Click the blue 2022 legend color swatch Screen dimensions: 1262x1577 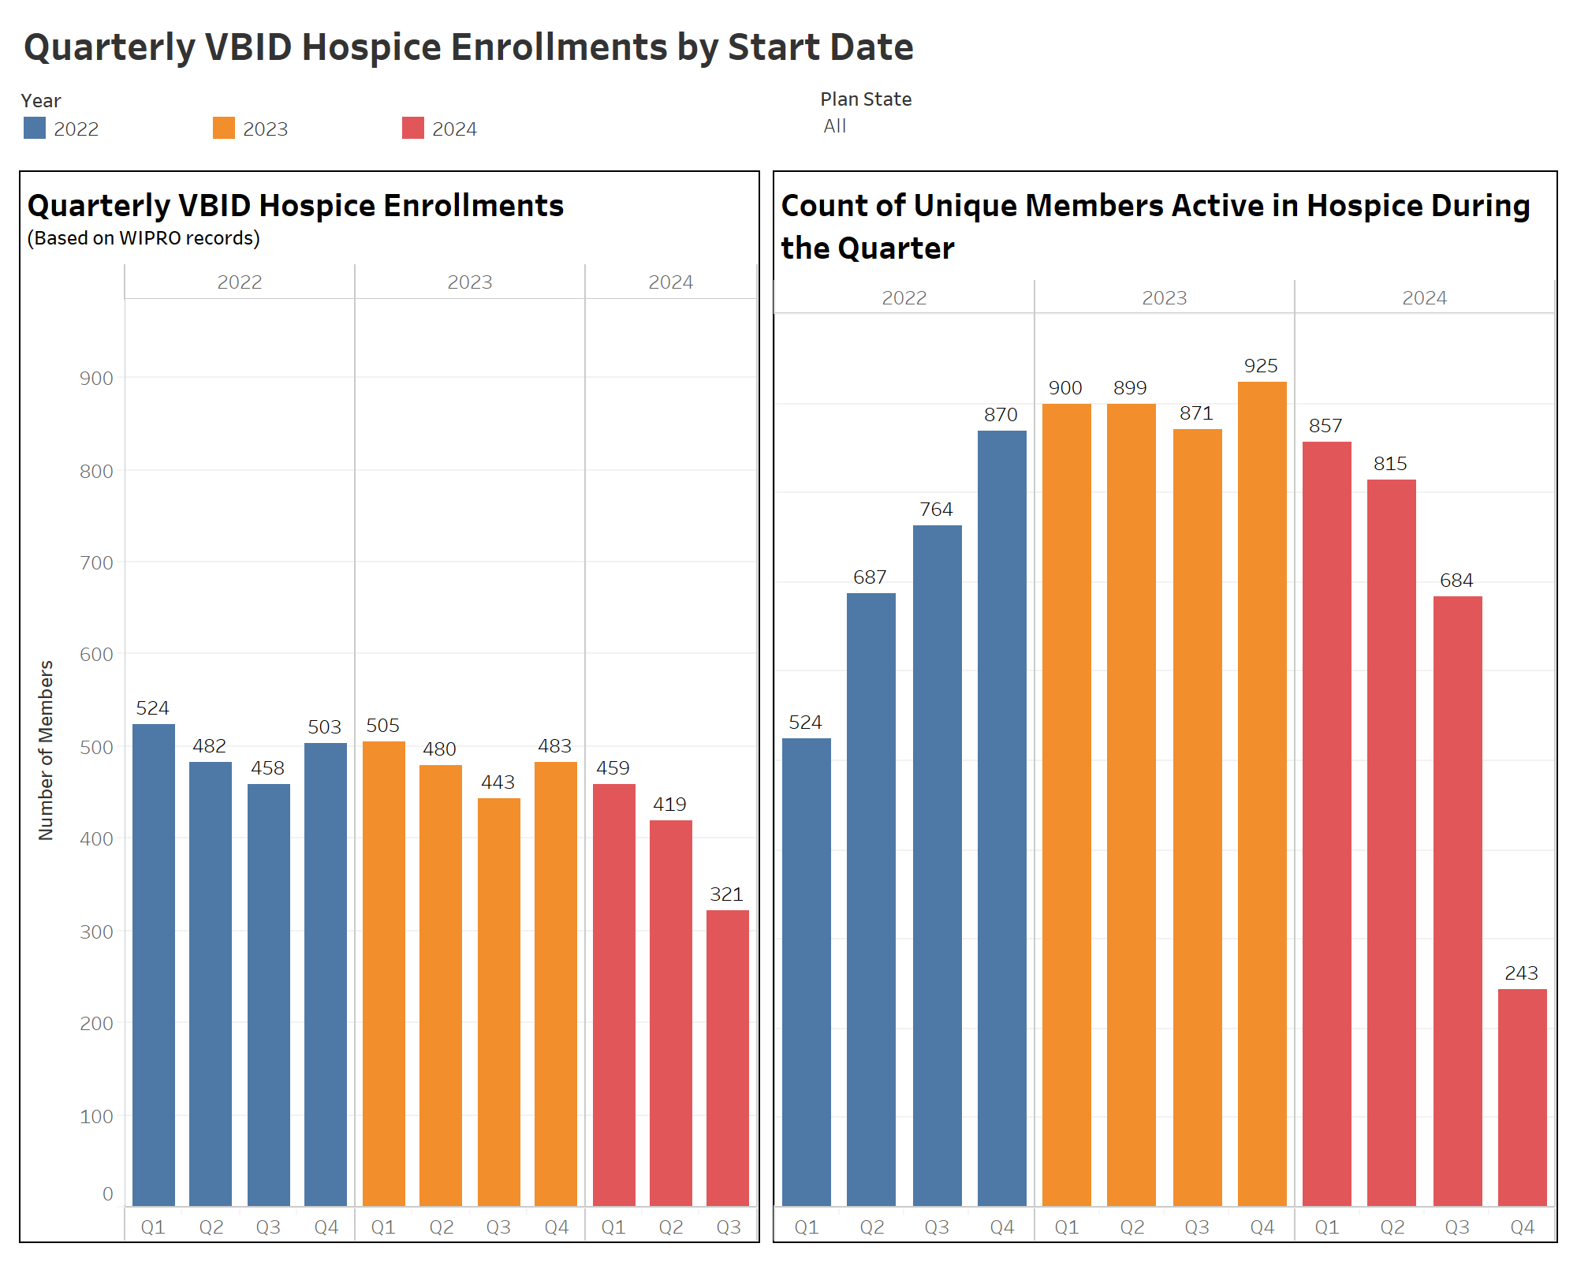35,128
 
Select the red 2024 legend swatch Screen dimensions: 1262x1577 412,128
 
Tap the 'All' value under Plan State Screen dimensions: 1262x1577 834,126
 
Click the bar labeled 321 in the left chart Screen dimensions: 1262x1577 727,1057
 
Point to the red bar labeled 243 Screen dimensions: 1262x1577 1522,1096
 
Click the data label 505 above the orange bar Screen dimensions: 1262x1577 382,725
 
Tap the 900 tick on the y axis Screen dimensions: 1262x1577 96,378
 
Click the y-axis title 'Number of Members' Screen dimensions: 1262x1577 46,749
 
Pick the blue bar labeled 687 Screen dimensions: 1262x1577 871,899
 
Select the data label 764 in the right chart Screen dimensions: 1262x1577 936,510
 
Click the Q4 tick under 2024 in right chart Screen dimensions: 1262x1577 1522,1227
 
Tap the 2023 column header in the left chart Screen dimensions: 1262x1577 469,282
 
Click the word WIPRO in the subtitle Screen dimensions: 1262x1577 150,238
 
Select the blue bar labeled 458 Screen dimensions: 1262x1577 268,994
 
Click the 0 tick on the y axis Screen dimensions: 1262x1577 107,1193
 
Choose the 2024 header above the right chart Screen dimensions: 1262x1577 1424,297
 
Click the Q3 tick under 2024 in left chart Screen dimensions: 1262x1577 728,1227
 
